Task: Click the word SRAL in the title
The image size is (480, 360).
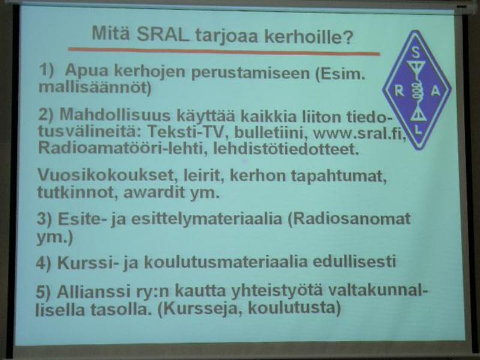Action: [x=163, y=34]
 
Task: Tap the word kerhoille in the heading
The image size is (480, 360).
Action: [x=308, y=37]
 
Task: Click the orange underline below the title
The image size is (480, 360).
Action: [x=224, y=52]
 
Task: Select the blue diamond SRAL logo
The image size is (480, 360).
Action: [x=416, y=91]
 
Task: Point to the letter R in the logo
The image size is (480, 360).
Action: [x=399, y=91]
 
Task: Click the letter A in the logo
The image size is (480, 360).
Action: [x=435, y=91]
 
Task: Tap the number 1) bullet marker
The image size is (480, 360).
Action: [x=46, y=70]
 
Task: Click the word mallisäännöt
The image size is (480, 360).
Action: [x=95, y=88]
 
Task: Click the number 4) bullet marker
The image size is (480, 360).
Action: [x=43, y=263]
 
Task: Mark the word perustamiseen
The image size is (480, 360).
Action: [x=250, y=73]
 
